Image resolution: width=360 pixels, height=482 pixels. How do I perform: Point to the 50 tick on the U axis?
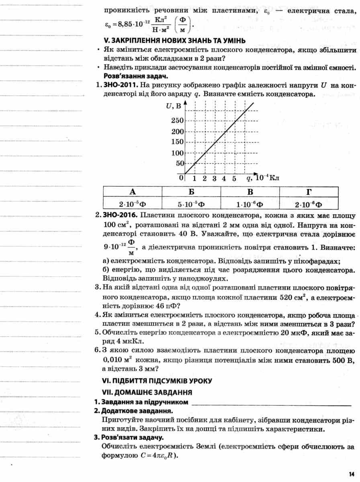[x=179, y=163]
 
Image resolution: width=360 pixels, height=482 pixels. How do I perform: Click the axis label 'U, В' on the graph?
[x=173, y=106]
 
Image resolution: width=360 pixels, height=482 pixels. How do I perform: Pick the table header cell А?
[x=132, y=192]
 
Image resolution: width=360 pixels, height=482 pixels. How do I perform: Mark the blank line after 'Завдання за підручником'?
[x=272, y=402]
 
